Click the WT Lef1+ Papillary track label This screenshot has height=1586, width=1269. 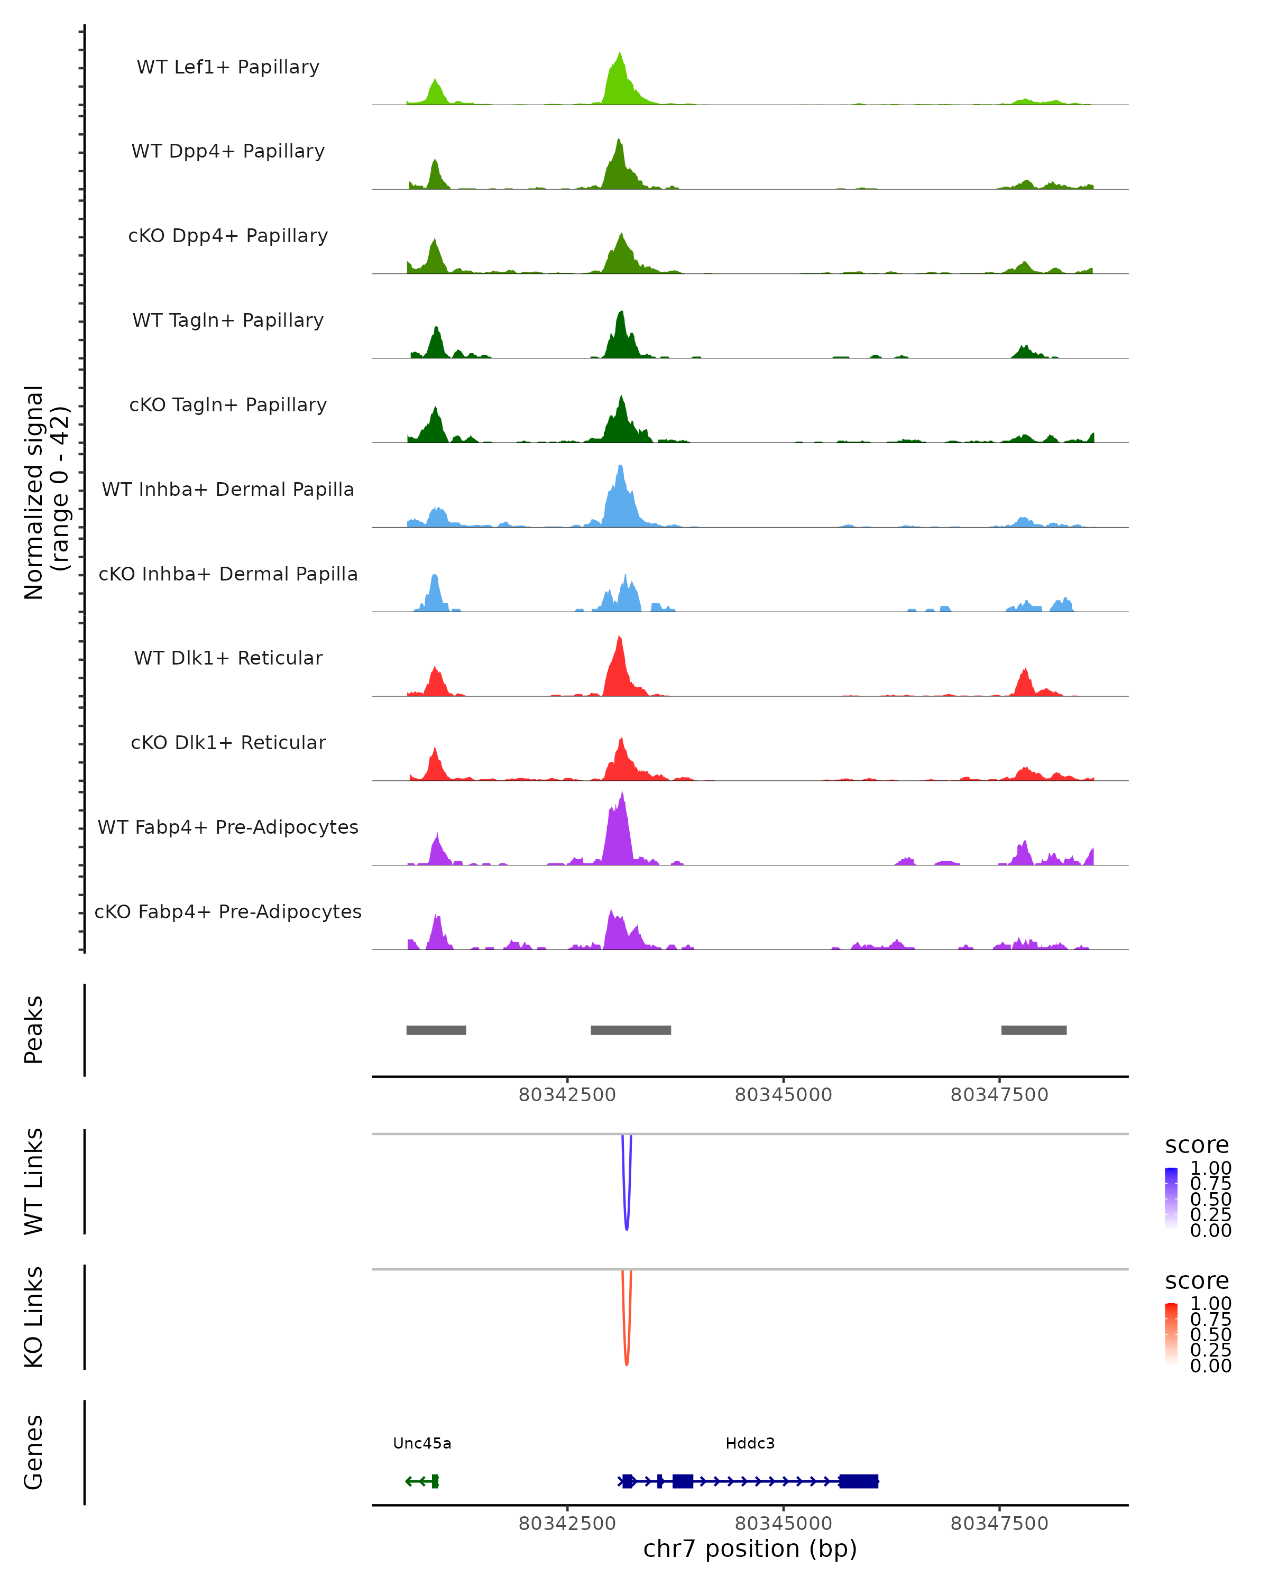click(x=228, y=67)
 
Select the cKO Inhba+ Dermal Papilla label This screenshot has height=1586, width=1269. click(x=228, y=574)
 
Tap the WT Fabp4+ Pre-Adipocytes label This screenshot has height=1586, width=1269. click(x=228, y=827)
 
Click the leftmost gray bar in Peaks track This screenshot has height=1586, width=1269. click(x=436, y=1030)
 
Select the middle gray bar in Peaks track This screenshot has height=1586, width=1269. click(x=630, y=1030)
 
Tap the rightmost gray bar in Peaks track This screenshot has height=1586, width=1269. click(x=1034, y=1030)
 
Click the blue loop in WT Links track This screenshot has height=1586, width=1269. click(x=627, y=1225)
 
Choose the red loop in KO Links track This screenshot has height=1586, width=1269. click(x=627, y=1360)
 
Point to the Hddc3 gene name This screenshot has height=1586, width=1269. click(x=750, y=1443)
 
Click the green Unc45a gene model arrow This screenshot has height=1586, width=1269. click(x=421, y=1481)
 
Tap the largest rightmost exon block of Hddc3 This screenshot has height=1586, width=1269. click(x=859, y=1481)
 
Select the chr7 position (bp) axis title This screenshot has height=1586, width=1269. click(x=750, y=1548)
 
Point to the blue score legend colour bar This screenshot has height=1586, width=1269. click(x=1171, y=1197)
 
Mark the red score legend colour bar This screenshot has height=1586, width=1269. click(x=1171, y=1332)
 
